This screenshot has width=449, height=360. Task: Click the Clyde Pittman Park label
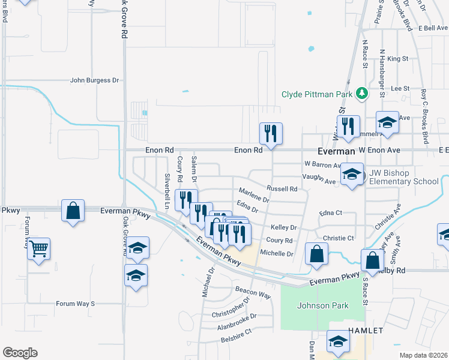pos(318,94)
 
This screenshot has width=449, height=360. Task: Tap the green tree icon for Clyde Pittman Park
pos(361,93)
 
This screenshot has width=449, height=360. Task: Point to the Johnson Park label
pos(323,305)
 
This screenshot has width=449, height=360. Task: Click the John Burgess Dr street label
pos(95,80)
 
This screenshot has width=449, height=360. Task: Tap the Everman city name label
pos(336,152)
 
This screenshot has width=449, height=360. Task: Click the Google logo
pos(20,352)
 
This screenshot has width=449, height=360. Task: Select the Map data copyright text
pos(423,355)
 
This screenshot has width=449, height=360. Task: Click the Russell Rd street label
pos(282,188)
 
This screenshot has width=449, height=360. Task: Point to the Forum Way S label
pos(76,304)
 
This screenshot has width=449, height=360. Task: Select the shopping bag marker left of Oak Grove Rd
pos(73,211)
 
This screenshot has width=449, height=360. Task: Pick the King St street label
pos(397,59)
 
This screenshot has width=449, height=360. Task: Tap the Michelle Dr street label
pos(277,254)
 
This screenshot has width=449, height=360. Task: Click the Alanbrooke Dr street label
pos(237,317)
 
